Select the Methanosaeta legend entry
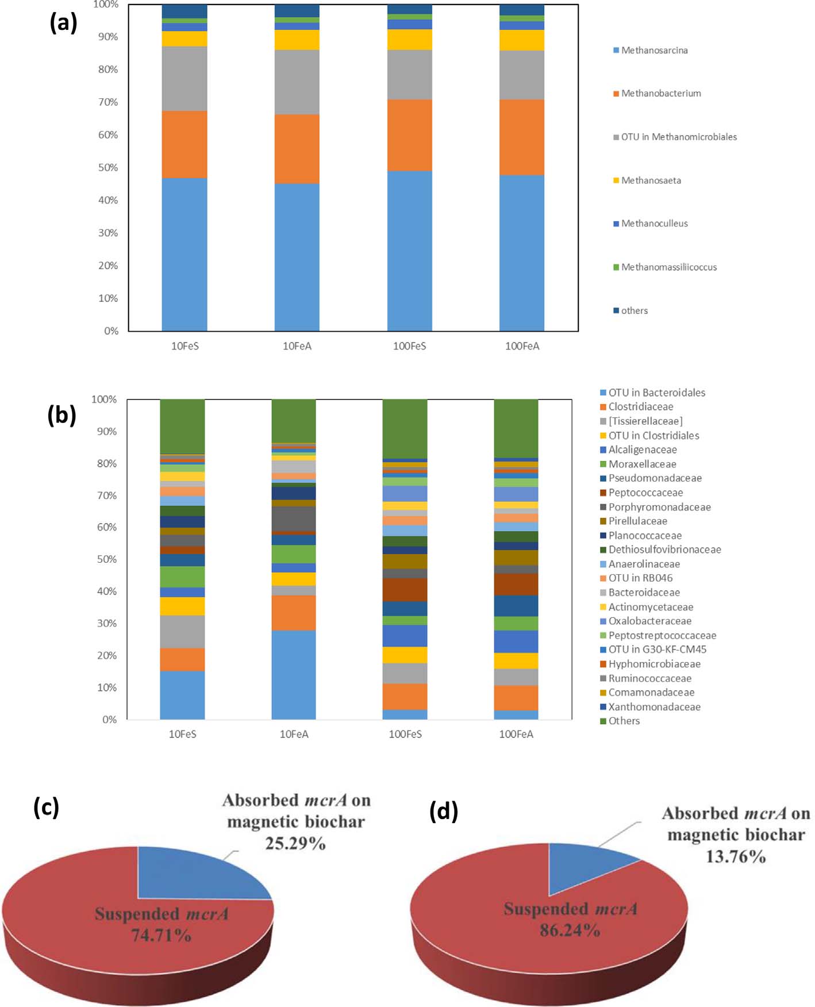coord(650,180)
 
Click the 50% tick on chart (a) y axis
coord(107,167)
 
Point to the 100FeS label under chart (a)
coord(409,346)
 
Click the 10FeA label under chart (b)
coord(294,734)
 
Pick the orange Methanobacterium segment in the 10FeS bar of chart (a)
coord(184,144)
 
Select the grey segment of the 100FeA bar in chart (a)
coord(521,75)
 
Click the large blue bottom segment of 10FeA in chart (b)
coord(294,675)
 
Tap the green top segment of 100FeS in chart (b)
coord(405,428)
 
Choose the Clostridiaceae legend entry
coord(640,407)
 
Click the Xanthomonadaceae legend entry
coord(654,707)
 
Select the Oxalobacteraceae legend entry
coord(649,621)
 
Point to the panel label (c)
coord(46,807)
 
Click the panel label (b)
coord(61,415)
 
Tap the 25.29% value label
coord(295,843)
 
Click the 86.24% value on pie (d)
coord(570,930)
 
